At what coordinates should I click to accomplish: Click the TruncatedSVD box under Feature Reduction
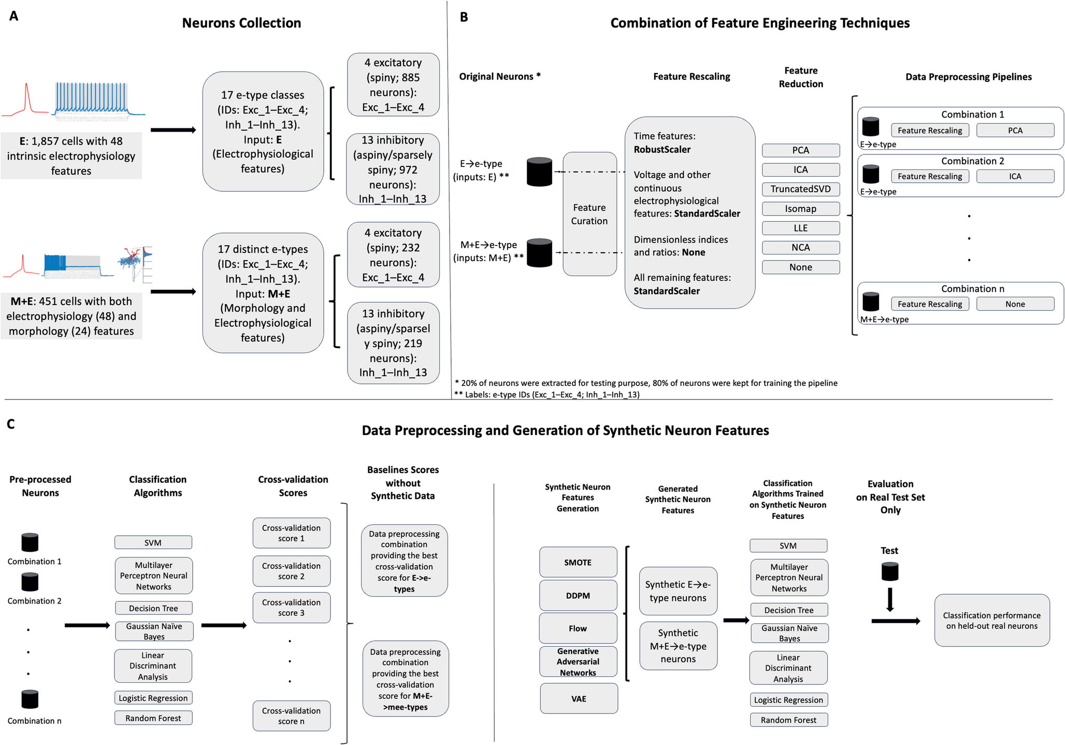(800, 189)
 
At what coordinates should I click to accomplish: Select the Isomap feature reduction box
(800, 209)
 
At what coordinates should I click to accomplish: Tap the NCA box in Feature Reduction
(800, 248)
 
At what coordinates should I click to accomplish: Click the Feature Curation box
(589, 214)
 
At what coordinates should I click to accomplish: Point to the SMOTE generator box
(578, 562)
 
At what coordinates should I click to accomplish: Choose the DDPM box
(578, 595)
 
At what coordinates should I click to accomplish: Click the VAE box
(579, 698)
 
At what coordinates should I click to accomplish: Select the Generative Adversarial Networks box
(578, 662)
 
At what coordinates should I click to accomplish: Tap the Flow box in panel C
(578, 628)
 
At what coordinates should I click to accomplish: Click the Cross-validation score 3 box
(292, 608)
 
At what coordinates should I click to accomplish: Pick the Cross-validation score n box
(292, 716)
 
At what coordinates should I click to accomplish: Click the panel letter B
(464, 17)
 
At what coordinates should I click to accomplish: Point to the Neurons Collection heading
(241, 23)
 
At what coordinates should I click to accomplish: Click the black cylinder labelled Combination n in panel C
(30, 699)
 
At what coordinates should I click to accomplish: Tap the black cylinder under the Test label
(890, 571)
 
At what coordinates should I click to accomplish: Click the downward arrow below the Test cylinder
(890, 599)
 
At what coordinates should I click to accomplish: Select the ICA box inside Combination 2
(1015, 176)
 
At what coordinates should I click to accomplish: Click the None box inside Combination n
(1015, 304)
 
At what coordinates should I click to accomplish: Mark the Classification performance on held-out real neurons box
(992, 620)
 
